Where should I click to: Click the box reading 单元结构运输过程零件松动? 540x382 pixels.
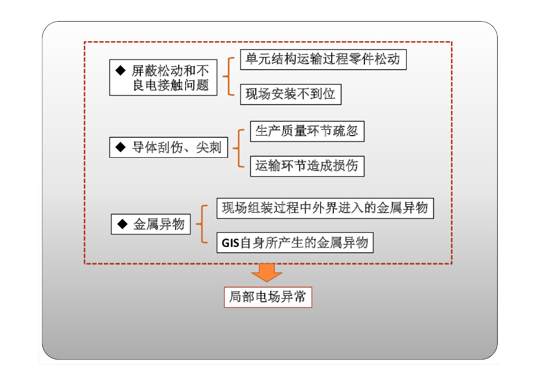click(323, 60)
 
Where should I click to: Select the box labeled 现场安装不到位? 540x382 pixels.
click(291, 94)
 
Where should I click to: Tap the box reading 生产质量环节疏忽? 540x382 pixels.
click(307, 131)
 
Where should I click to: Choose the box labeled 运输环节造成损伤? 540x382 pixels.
click(307, 166)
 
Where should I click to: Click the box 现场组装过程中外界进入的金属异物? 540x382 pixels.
click(325, 208)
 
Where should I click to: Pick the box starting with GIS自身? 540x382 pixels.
click(295, 243)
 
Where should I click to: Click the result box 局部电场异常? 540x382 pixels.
click(268, 297)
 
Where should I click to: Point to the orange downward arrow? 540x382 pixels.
click(267, 272)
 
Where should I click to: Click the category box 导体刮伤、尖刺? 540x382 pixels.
click(169, 147)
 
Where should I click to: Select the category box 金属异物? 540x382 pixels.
click(151, 224)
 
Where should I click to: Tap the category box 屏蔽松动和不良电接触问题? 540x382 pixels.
click(163, 78)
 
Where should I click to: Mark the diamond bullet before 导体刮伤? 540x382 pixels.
click(120, 147)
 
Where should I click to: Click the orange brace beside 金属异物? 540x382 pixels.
click(203, 224)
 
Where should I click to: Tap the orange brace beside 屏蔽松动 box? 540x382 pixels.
click(227, 77)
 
